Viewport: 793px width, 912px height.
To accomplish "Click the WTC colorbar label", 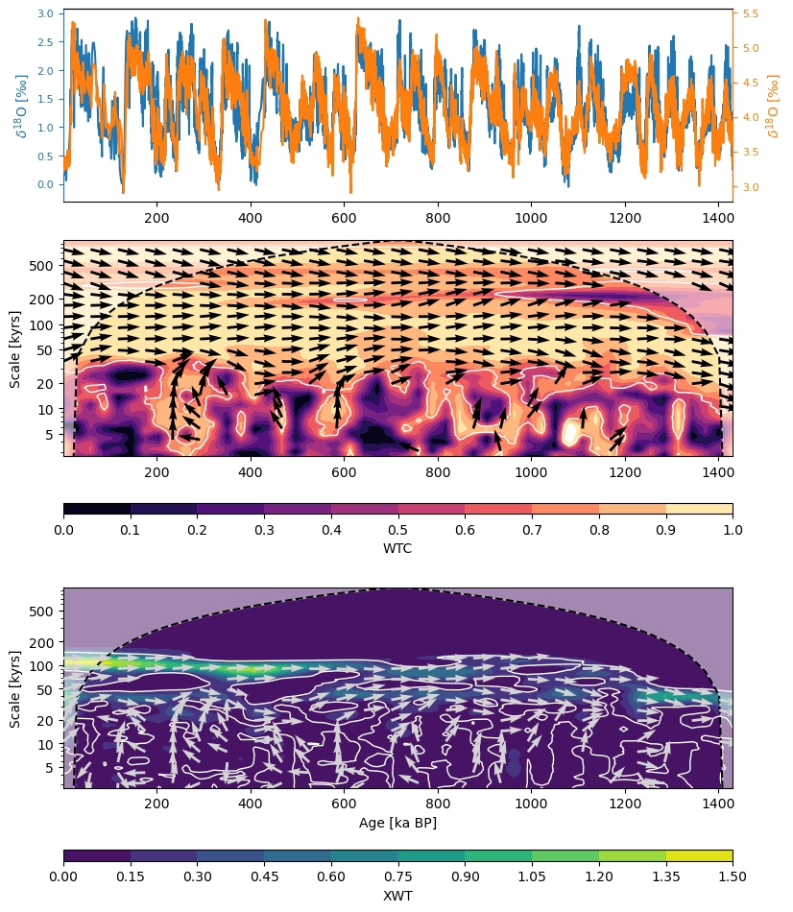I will (397, 547).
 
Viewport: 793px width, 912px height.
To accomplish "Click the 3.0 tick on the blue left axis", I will (45, 14).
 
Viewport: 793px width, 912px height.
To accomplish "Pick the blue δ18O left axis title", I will (21, 105).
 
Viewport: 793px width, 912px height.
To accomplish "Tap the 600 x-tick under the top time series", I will (345, 217).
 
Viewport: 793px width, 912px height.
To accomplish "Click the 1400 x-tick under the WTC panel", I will (719, 472).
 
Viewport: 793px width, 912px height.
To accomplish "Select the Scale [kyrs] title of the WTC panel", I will (15, 348).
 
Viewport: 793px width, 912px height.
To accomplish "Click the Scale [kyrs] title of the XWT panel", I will (15, 688).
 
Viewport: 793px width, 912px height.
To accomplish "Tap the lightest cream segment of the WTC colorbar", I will (699, 509).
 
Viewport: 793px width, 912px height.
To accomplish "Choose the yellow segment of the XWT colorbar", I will (699, 855).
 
